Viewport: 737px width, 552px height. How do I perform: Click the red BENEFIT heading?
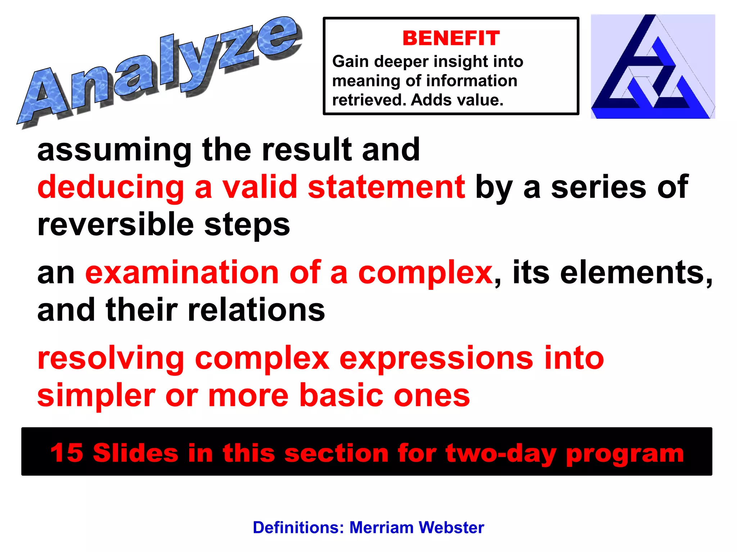[x=451, y=38]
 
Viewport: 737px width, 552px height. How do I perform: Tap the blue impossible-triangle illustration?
[x=652, y=67]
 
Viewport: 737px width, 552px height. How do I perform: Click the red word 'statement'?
[x=386, y=187]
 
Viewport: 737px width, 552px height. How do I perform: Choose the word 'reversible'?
[x=115, y=225]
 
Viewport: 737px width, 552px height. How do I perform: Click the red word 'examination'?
[x=182, y=273]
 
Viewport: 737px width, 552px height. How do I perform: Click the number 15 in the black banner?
[x=67, y=452]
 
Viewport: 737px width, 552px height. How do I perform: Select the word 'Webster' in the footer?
[x=451, y=528]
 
